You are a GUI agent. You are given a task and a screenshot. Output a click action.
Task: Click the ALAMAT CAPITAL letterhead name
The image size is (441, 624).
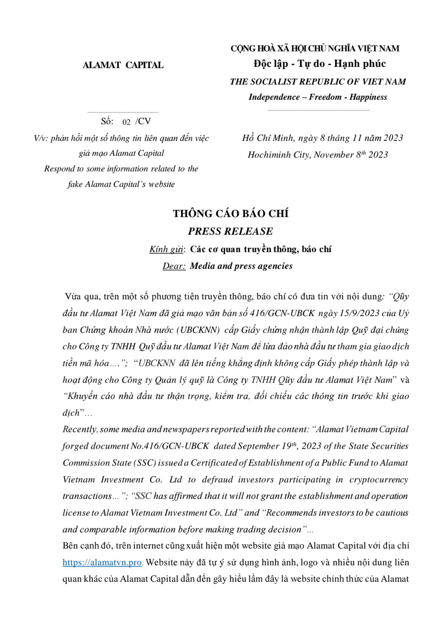[123, 65]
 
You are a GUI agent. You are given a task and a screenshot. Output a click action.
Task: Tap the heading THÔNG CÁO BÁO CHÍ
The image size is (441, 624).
[231, 214]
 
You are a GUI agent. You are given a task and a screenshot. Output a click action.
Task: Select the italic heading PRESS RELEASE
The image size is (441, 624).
[230, 231]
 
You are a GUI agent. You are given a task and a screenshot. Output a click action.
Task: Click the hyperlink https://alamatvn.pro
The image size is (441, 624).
[102, 562]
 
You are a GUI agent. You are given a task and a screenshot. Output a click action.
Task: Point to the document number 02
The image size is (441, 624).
[126, 122]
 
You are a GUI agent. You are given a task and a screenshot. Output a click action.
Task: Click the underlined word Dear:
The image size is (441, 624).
[174, 266]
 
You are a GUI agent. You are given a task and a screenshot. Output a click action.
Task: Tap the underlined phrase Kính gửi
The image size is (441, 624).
[166, 249]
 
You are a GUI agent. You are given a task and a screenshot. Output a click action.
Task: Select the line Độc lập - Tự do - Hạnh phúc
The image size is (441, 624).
[319, 64]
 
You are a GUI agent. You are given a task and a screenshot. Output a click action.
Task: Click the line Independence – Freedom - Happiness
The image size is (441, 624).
[318, 97]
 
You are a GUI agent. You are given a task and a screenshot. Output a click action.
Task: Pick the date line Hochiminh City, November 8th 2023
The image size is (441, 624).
[318, 155]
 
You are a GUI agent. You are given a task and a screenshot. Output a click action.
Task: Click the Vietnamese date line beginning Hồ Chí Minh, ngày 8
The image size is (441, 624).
[322, 138]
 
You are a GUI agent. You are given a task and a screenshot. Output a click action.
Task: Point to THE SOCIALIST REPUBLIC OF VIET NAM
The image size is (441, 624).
[318, 82]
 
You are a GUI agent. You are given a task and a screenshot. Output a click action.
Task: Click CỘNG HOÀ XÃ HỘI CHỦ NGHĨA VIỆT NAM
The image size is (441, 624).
[315, 48]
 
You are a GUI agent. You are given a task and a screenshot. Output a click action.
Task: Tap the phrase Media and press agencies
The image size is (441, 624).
[241, 266]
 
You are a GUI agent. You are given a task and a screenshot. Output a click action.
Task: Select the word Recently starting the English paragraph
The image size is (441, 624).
[80, 429]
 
